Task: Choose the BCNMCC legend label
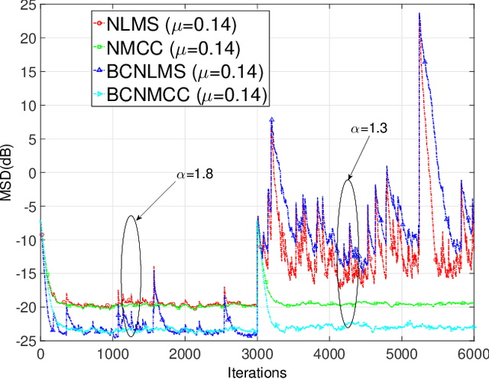pyautogui.click(x=191, y=95)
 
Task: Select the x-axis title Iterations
pyautogui.click(x=257, y=372)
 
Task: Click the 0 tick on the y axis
pyautogui.click(x=31, y=173)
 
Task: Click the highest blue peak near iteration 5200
pyautogui.click(x=419, y=14)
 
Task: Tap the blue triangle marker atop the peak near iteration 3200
pyautogui.click(x=272, y=119)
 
